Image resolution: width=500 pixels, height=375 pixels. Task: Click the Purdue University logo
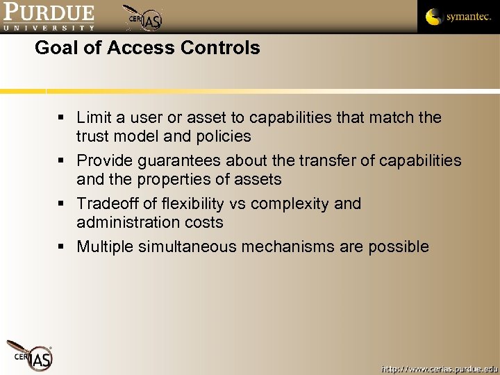point(48,17)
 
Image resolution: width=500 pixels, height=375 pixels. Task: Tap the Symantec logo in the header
point(458,17)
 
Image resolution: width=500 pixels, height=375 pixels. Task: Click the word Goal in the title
point(55,48)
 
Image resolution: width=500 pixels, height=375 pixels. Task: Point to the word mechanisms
point(301,247)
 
